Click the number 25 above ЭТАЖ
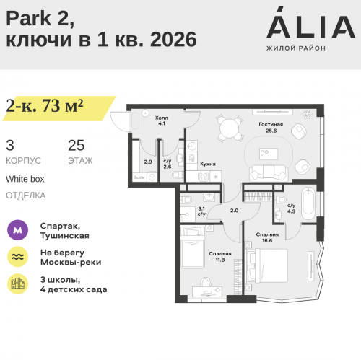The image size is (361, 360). click(77, 145)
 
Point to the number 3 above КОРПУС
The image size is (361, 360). click(9, 145)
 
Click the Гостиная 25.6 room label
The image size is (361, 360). click(271, 128)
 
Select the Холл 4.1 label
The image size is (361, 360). click(162, 120)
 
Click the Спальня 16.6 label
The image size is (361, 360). click(268, 238)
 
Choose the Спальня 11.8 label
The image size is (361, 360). click(221, 256)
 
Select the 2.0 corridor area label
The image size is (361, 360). click(234, 210)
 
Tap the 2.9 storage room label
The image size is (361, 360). click(148, 162)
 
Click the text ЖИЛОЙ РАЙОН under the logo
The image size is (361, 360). click(296, 48)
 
